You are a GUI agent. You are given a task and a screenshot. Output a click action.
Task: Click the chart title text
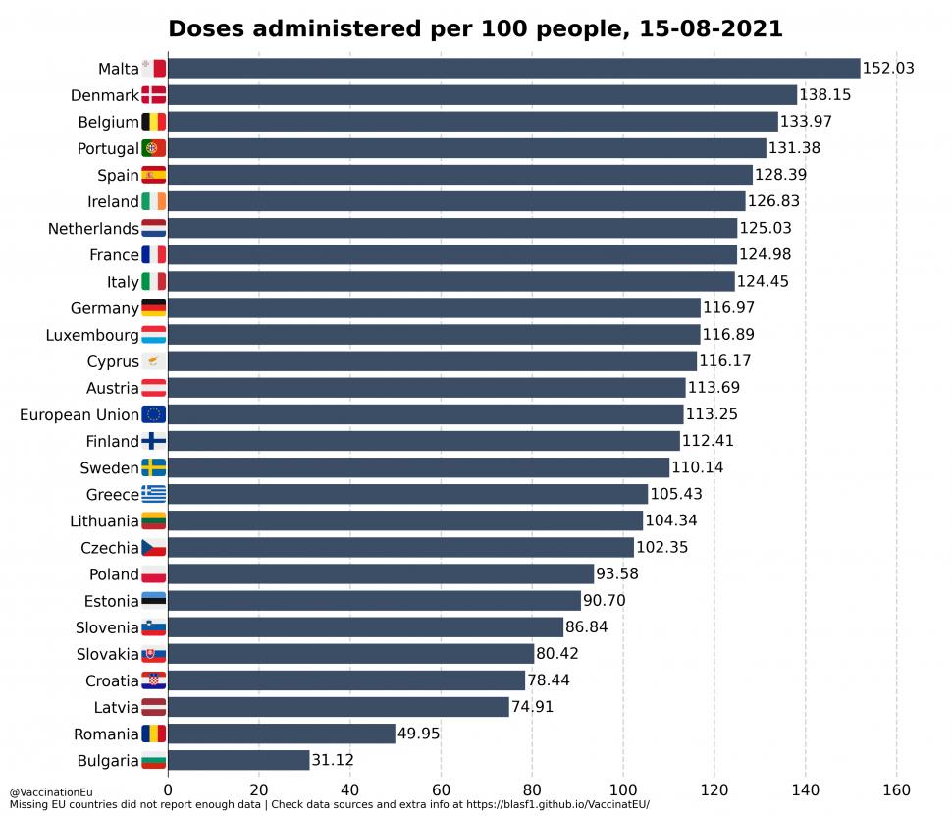(x=475, y=28)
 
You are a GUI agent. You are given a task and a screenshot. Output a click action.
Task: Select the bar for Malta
(x=513, y=68)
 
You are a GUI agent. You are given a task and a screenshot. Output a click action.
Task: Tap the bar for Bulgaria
(x=238, y=760)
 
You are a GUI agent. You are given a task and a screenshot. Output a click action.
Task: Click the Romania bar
(x=282, y=734)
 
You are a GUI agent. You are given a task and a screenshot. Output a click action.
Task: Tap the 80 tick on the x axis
(x=532, y=789)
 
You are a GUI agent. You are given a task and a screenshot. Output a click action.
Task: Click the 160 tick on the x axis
(x=896, y=789)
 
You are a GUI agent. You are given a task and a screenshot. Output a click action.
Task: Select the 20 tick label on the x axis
(x=259, y=789)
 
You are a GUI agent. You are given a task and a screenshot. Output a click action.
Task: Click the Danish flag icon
(x=154, y=95)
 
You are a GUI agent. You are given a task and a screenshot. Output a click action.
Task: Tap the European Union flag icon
(x=154, y=414)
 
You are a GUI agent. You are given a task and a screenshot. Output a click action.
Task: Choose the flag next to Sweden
(x=154, y=467)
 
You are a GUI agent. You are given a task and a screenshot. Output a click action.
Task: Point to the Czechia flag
(x=154, y=547)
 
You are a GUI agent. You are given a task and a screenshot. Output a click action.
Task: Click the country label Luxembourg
(x=92, y=335)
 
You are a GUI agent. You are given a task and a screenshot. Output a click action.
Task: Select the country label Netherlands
(x=93, y=229)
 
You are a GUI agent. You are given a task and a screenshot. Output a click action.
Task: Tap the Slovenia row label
(x=107, y=627)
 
